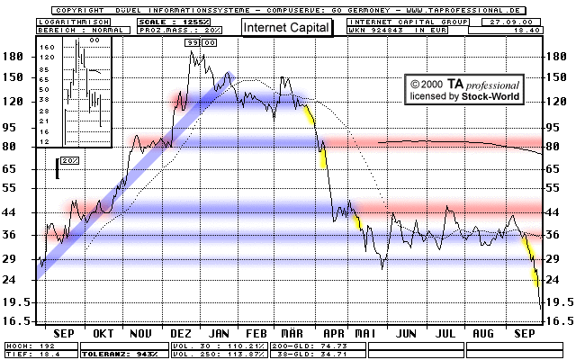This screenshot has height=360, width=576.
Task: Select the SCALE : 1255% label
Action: click(169, 20)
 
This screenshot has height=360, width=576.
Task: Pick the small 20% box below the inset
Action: click(71, 160)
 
